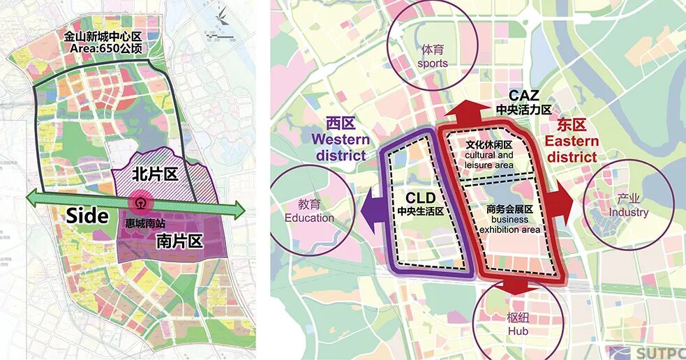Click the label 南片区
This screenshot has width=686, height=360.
point(179,241)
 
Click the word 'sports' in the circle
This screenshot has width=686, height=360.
point(433,63)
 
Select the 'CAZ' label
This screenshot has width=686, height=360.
point(523,96)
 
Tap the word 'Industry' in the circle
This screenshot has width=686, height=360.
point(628,212)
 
